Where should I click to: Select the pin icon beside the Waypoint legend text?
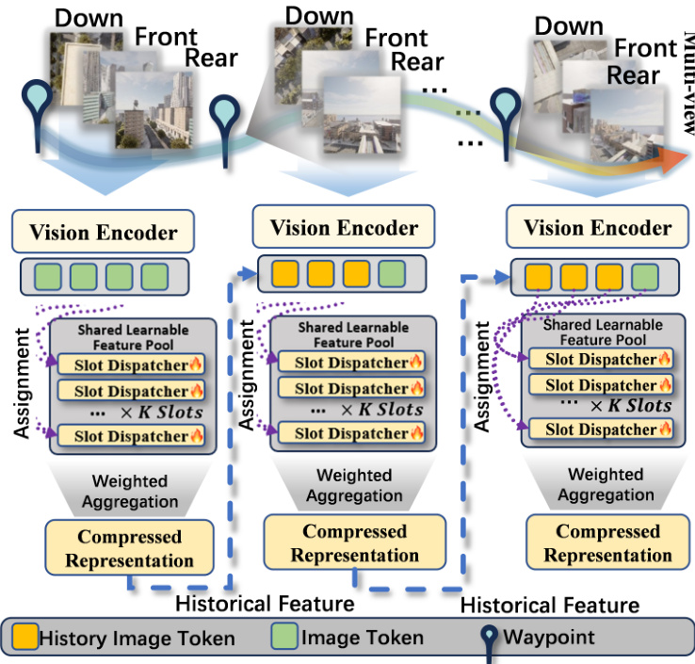tap(491, 639)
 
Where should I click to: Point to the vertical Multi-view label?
tap(686, 86)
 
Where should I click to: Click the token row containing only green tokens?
tap(105, 278)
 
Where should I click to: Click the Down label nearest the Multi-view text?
tap(568, 25)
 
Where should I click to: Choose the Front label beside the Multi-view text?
tap(645, 49)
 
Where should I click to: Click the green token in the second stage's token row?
tap(393, 274)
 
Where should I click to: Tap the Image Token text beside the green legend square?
tap(362, 639)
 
